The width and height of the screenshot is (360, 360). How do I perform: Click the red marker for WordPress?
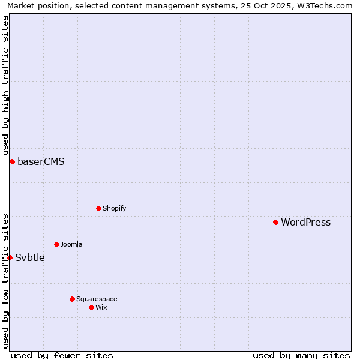pyautogui.click(x=275, y=222)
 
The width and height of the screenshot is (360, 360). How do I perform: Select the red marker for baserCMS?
pyautogui.click(x=12, y=161)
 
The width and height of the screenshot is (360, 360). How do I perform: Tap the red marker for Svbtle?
pyautogui.click(x=10, y=257)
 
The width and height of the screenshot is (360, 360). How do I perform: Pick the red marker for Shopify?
pyautogui.click(x=98, y=208)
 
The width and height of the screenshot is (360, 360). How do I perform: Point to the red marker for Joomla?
pyautogui.click(x=56, y=244)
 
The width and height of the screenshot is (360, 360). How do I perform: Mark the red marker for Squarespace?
pyautogui.click(x=72, y=299)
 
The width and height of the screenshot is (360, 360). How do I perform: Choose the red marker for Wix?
pyautogui.click(x=91, y=307)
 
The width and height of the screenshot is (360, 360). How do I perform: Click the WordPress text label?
pyautogui.click(x=305, y=223)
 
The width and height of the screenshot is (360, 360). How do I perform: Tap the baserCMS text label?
pyautogui.click(x=41, y=162)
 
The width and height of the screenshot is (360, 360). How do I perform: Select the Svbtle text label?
pyautogui.click(x=29, y=258)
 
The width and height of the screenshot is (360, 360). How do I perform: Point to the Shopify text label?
pyautogui.click(x=114, y=209)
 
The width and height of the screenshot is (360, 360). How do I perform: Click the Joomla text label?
pyautogui.click(x=71, y=245)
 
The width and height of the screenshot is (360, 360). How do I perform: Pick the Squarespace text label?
pyautogui.click(x=97, y=299)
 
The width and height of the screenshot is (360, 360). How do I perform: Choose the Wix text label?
pyautogui.click(x=101, y=308)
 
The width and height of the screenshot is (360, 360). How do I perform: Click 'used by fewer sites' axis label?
pyautogui.click(x=62, y=355)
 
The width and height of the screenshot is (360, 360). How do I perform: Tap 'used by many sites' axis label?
pyautogui.click(x=301, y=355)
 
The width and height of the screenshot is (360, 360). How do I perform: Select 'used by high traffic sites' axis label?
pyautogui.click(x=5, y=86)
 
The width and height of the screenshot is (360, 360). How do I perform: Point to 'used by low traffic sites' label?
pyautogui.click(x=5, y=281)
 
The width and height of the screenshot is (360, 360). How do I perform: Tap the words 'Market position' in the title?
pyautogui.click(x=35, y=5)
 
